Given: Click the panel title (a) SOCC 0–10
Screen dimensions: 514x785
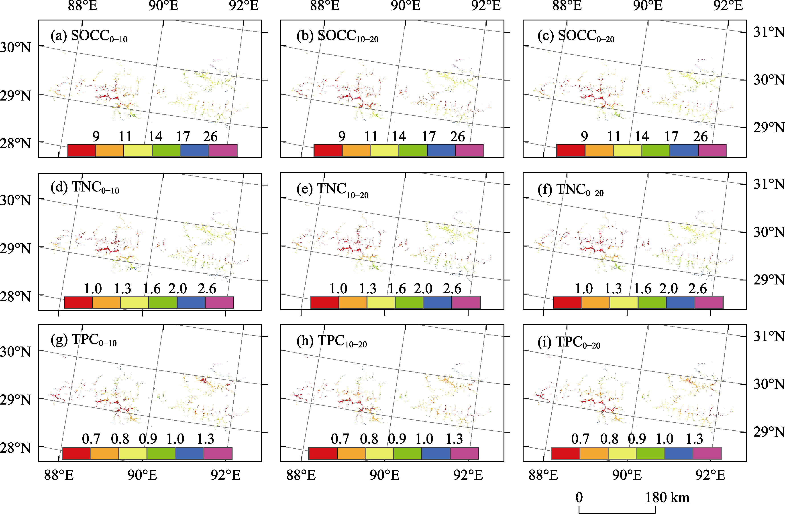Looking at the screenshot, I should point(89,36).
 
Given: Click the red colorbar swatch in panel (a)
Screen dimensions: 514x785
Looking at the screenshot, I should point(82,150).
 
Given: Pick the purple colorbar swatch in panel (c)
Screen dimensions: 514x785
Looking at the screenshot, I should point(712,150).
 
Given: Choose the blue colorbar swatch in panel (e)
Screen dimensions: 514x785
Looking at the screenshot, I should point(437,302).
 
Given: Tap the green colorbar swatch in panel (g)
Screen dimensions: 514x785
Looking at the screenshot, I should point(161,453).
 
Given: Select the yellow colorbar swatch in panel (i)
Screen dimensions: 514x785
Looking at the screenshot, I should point(622,453).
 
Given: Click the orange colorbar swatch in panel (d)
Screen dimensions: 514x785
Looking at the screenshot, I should point(106,302).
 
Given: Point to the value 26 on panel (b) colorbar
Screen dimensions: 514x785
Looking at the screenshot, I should point(457,136).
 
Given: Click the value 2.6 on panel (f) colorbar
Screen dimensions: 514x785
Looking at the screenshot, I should point(697,289).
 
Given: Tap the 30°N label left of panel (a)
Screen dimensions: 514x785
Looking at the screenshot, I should point(15,47).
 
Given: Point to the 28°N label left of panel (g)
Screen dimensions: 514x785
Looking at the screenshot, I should point(15,448).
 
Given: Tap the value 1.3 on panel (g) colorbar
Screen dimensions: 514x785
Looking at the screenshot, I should point(206,439).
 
